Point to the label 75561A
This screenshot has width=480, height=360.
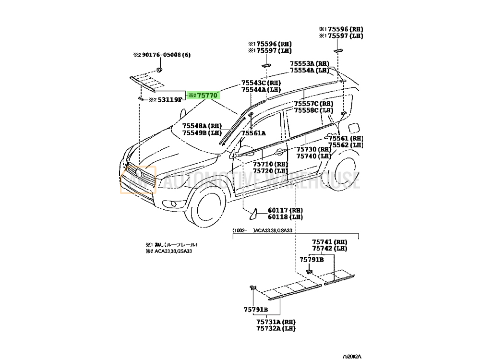[253, 133]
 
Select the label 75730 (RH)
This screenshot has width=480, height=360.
[313, 149]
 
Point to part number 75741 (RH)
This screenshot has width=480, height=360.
[329, 241]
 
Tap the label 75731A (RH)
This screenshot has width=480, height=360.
[275, 321]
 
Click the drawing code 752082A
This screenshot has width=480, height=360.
[353, 356]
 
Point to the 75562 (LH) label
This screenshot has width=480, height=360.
[345, 145]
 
